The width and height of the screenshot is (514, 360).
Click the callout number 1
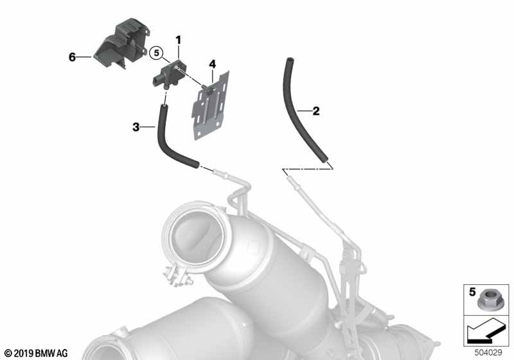[x=179, y=40]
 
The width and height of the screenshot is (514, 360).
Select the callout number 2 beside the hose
[x=316, y=111]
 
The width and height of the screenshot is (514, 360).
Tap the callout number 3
[x=136, y=127]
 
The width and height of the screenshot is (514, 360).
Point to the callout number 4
[x=213, y=64]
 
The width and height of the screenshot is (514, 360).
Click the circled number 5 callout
[x=156, y=53]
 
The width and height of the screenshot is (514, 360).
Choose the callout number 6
[x=72, y=57]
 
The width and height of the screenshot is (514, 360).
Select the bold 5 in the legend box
[x=472, y=291]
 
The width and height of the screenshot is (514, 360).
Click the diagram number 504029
[x=488, y=353]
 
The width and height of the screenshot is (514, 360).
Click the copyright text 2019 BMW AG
[x=37, y=353]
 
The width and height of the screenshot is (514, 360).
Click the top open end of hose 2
[x=289, y=60]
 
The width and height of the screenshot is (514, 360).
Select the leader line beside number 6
[x=85, y=57]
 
